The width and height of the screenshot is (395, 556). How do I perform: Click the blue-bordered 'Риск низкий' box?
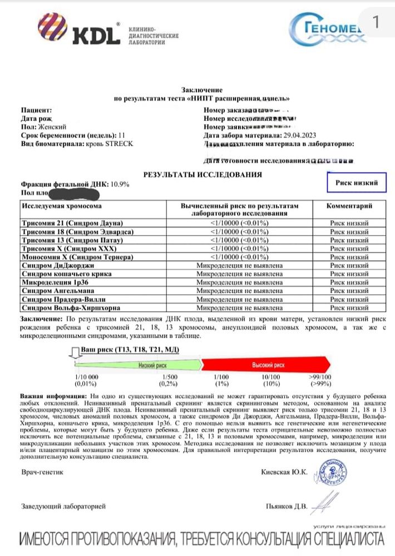coord(356,182)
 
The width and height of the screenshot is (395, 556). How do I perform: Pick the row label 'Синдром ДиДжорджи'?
coord(55,267)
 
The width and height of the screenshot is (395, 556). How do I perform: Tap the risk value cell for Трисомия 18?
coord(247,231)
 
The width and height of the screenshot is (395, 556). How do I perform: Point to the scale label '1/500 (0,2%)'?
coord(165,380)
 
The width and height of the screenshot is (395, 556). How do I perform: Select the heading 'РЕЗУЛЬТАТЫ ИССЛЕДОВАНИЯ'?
coord(203,174)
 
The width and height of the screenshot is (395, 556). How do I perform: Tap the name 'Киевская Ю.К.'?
coord(284,471)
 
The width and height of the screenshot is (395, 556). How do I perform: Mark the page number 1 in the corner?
coord(375,22)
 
